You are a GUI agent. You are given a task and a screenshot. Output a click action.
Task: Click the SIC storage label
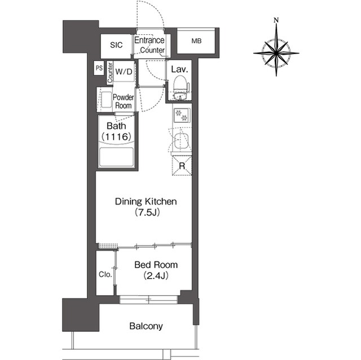116,45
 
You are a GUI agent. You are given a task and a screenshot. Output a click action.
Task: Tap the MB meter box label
196,41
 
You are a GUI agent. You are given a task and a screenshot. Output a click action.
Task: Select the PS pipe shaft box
99,68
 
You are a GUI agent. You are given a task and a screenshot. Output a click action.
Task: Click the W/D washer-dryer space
124,71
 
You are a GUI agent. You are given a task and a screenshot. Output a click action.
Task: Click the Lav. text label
179,69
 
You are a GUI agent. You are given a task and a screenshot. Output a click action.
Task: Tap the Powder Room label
123,101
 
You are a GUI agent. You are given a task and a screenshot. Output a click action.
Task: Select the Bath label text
116,126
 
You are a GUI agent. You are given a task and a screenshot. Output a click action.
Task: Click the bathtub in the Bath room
116,158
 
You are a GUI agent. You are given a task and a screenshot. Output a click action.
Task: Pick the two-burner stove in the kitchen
182,115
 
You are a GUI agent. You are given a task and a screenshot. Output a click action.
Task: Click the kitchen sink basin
182,141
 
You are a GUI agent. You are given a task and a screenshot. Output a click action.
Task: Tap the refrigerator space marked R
182,166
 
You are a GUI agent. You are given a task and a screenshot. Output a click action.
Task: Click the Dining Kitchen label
146,201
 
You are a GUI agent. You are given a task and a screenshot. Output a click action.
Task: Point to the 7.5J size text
147,212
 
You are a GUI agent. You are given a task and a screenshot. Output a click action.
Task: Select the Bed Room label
156,265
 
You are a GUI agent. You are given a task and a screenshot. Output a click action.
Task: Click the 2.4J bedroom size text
156,275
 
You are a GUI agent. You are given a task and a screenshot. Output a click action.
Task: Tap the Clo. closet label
105,274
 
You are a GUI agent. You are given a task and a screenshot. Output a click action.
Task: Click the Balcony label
146,326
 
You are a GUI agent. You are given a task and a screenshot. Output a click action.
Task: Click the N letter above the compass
276,20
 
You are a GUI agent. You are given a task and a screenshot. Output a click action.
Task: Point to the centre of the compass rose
276,53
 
